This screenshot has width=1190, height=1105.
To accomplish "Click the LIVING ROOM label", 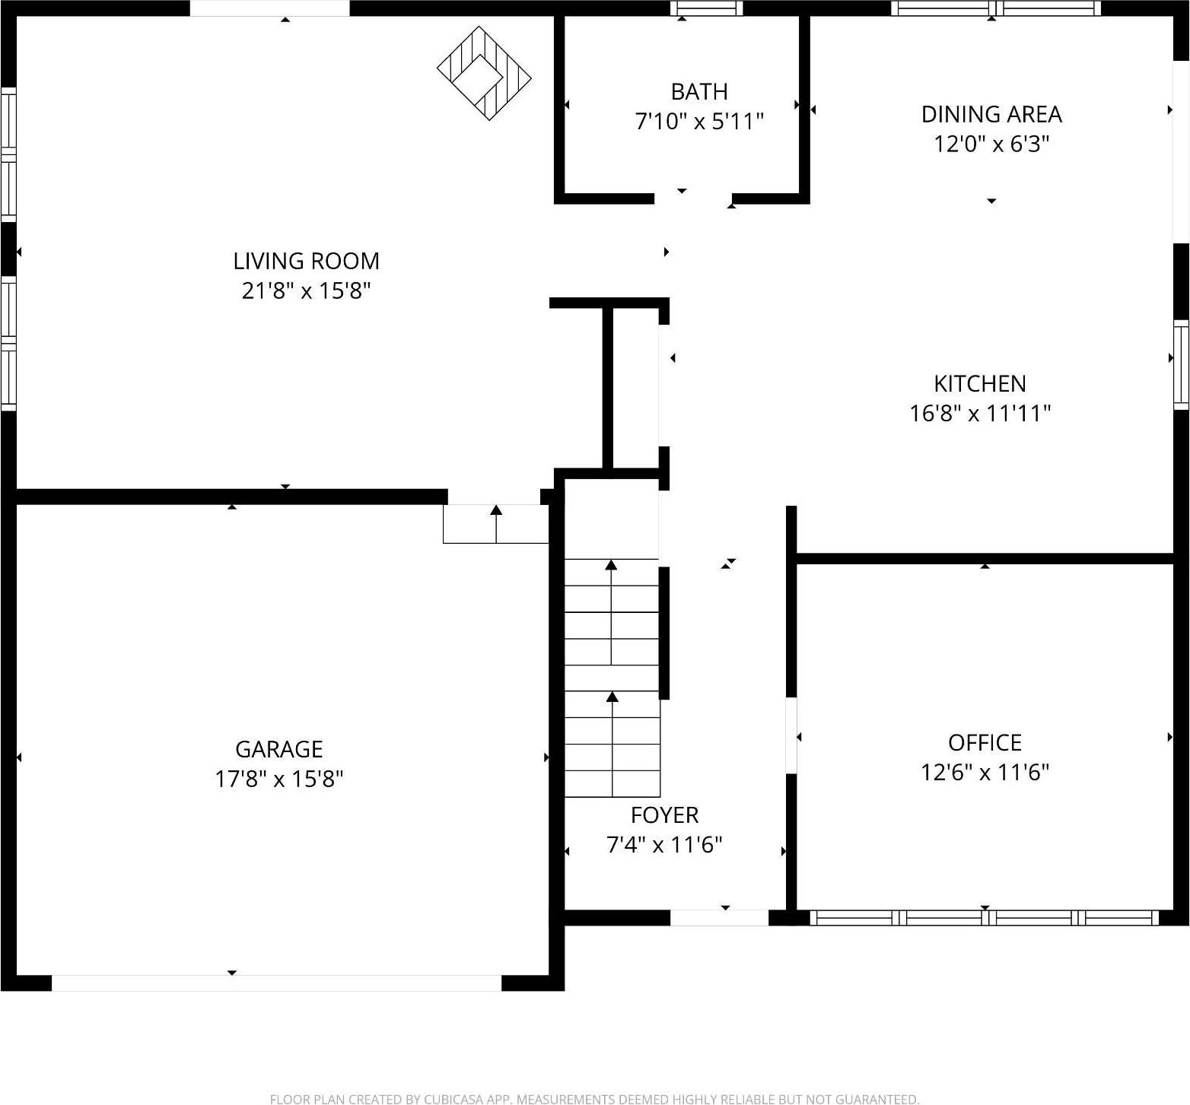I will (x=306, y=261).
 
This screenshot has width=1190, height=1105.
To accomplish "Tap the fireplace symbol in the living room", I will (x=484, y=74).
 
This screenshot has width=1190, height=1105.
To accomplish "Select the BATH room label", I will (x=698, y=92).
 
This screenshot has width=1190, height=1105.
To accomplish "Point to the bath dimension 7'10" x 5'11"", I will (x=698, y=121).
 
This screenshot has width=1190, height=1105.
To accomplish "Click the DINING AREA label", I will (x=991, y=114).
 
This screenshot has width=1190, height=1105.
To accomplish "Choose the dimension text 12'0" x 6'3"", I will (x=991, y=144).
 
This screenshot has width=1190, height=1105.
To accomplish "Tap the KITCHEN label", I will (x=979, y=383).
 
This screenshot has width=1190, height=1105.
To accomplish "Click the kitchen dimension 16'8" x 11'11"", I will (x=979, y=413).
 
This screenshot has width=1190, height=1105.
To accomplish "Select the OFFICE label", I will (x=984, y=742).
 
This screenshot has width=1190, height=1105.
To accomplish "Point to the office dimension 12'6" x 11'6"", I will (x=984, y=773).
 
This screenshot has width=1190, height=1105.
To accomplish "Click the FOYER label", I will (x=664, y=815).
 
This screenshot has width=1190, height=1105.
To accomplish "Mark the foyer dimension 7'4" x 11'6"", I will (x=664, y=845).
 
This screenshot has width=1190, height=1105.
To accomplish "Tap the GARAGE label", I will (x=278, y=749).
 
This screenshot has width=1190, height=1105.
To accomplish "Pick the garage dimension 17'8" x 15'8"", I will (x=278, y=780).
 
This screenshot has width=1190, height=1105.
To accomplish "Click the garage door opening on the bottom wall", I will (x=276, y=983).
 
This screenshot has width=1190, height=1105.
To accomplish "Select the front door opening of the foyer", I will (x=719, y=918).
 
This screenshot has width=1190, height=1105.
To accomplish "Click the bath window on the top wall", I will (x=706, y=8).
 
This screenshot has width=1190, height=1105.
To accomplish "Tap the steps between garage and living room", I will (x=496, y=524).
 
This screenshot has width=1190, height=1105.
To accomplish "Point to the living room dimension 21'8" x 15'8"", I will (x=306, y=291).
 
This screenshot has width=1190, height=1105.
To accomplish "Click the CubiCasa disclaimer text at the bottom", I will (x=594, y=1098).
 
